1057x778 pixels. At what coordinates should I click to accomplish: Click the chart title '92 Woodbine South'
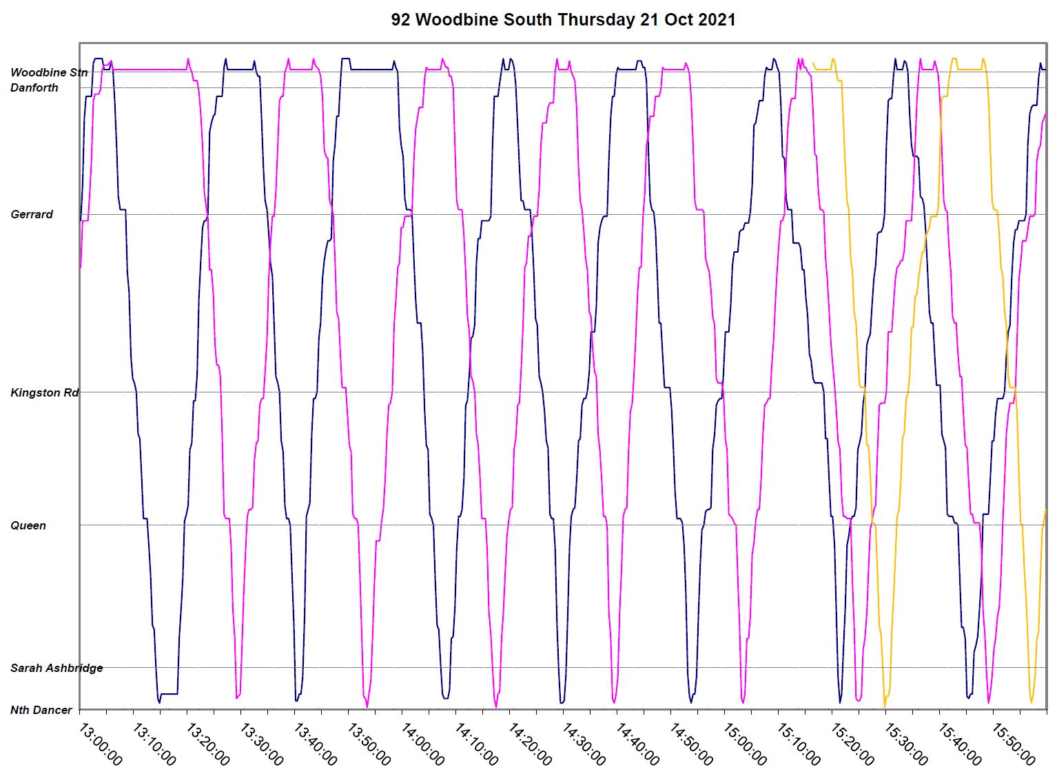[x=471, y=20]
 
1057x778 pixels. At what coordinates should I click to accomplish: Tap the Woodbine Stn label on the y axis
[x=48, y=72]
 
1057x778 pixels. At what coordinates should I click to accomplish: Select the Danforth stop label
[x=34, y=87]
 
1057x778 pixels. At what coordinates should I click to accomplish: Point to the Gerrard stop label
[x=32, y=214]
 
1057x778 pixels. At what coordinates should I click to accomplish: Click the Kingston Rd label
[x=45, y=392]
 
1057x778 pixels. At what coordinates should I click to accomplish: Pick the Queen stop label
[x=28, y=525]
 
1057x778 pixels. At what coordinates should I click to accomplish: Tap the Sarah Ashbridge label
[x=57, y=668]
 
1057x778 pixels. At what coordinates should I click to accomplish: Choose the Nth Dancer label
[x=41, y=710]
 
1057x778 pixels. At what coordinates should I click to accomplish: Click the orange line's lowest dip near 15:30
[x=885, y=706]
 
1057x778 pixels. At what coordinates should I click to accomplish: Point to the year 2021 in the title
[x=717, y=20]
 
